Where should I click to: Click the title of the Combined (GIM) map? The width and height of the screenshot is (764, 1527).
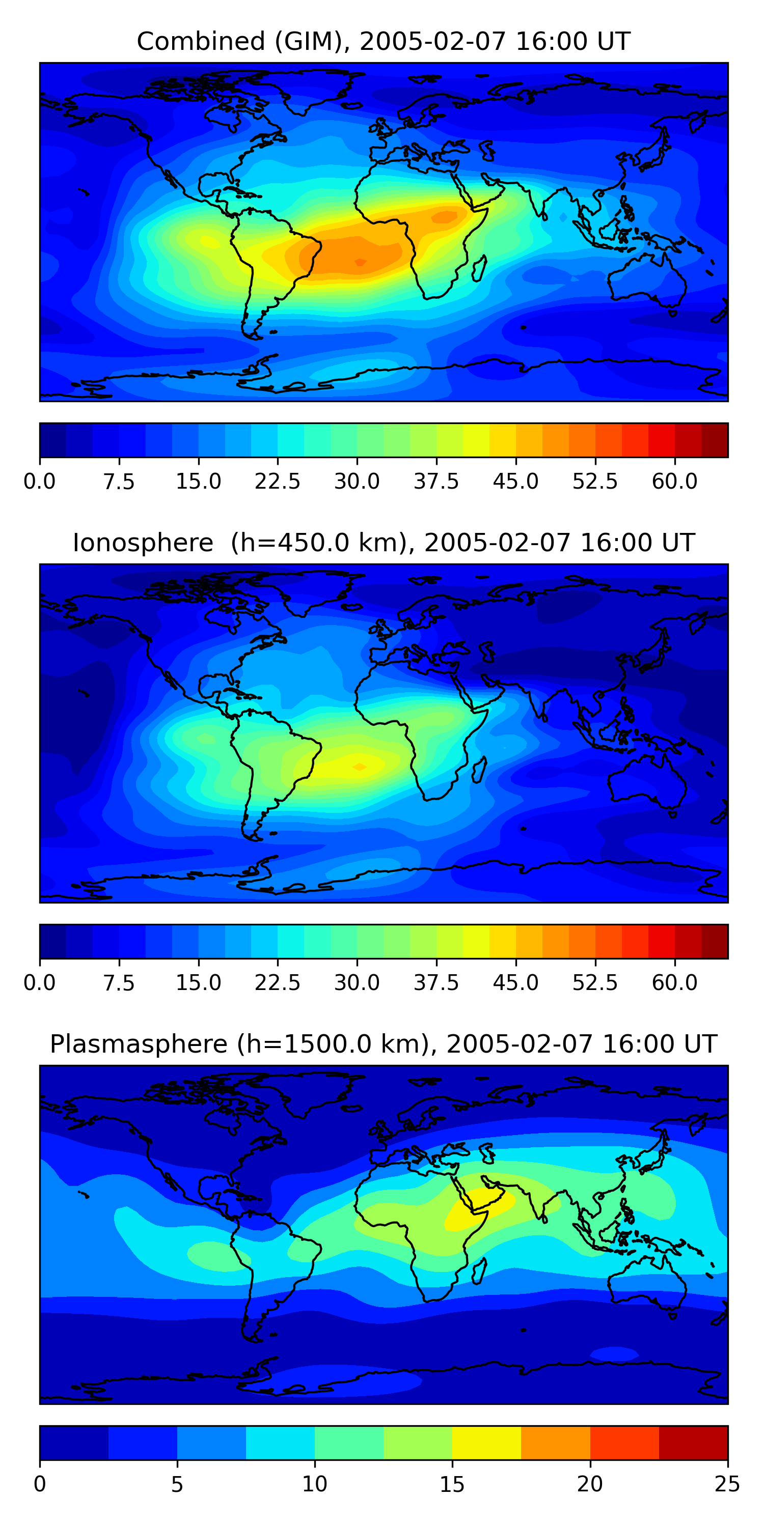(383, 42)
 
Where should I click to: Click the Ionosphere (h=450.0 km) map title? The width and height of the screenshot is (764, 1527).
(383, 543)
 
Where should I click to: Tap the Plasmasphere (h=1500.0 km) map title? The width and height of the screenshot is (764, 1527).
(383, 1044)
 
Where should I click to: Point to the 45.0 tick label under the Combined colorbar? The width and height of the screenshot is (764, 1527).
(515, 482)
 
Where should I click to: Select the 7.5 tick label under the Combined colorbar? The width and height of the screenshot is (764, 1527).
(119, 482)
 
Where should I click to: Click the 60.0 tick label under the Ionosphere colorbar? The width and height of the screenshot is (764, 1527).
(674, 983)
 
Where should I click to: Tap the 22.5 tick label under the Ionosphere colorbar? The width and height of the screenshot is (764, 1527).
(278, 983)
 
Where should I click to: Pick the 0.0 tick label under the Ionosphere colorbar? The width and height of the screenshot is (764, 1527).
(40, 983)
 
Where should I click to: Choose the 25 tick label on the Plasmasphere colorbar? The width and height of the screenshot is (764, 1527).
(727, 1484)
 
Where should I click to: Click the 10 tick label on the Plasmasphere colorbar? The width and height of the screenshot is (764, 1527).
(314, 1484)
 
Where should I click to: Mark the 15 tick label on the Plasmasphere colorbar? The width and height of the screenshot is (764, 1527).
(452, 1484)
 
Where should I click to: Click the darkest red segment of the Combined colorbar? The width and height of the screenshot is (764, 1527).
(714, 440)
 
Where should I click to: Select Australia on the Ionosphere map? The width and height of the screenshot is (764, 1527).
(646, 782)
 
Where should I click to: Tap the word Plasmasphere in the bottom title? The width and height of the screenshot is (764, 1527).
(138, 1044)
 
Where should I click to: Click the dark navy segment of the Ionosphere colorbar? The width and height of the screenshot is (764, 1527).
(53, 941)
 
